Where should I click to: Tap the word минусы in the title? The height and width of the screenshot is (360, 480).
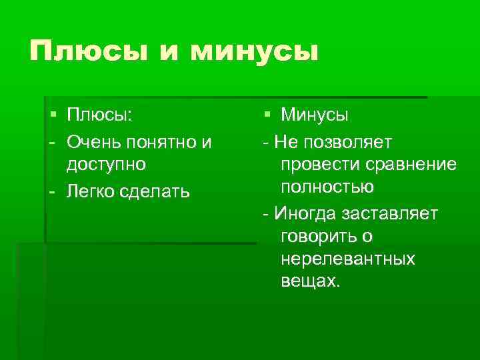(255, 52)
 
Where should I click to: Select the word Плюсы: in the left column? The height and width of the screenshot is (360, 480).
(99, 115)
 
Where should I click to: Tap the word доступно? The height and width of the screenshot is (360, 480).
(106, 163)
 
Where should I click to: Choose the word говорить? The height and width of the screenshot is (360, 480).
(317, 236)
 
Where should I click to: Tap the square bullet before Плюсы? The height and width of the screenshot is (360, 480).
(52, 115)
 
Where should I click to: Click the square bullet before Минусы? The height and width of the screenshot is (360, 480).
(266, 115)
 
